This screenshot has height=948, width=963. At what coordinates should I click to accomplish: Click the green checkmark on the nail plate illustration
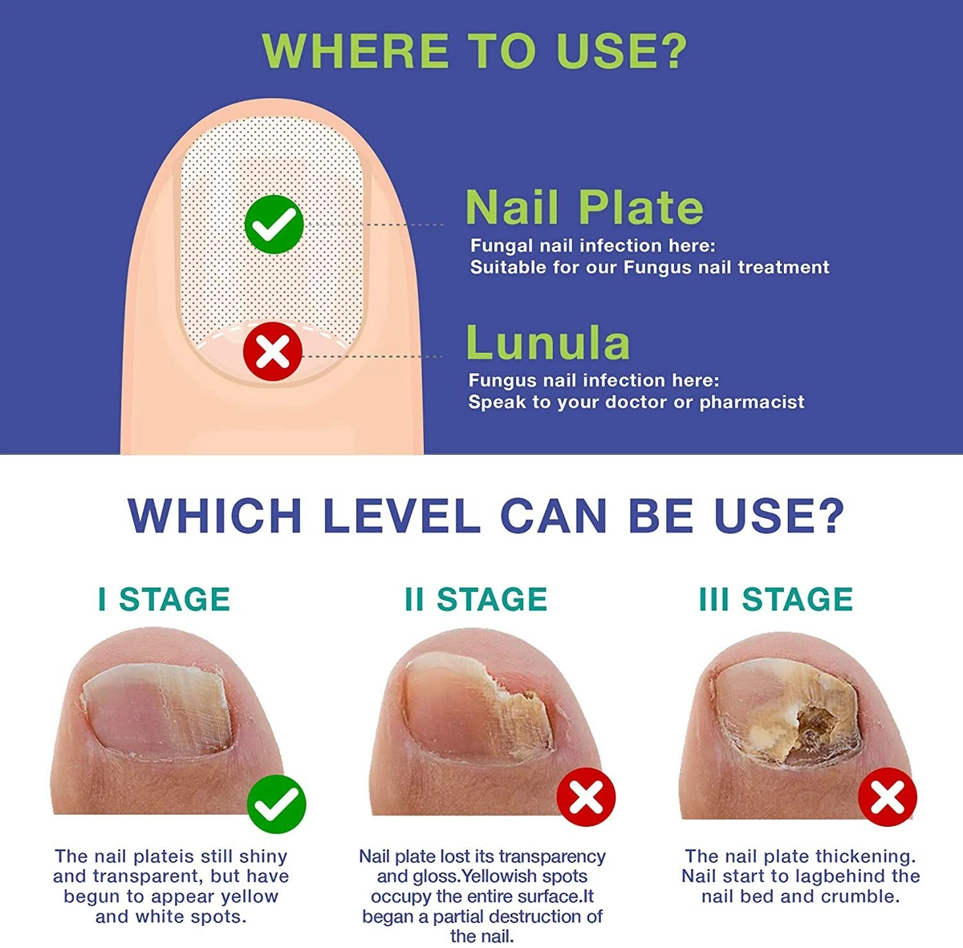click(x=274, y=225)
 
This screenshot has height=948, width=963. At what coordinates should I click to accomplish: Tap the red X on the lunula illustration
click(x=272, y=351)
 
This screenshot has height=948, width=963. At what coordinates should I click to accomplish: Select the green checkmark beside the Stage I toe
click(x=276, y=804)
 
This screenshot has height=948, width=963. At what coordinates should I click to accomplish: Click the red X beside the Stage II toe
click(x=586, y=798)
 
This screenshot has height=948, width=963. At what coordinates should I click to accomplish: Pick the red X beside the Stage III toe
click(x=888, y=798)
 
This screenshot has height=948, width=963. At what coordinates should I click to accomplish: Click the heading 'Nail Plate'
click(x=584, y=207)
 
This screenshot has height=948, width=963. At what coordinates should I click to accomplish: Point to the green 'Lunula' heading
click(x=548, y=342)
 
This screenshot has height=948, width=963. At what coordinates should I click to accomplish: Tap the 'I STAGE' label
click(x=165, y=599)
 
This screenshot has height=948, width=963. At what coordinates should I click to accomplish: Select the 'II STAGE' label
click(x=476, y=599)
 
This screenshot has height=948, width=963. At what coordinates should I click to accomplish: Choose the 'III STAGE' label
click(x=776, y=599)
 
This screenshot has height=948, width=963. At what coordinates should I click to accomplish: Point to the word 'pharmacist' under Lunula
click(x=752, y=403)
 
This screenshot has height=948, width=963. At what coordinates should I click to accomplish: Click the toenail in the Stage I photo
click(x=157, y=707)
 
